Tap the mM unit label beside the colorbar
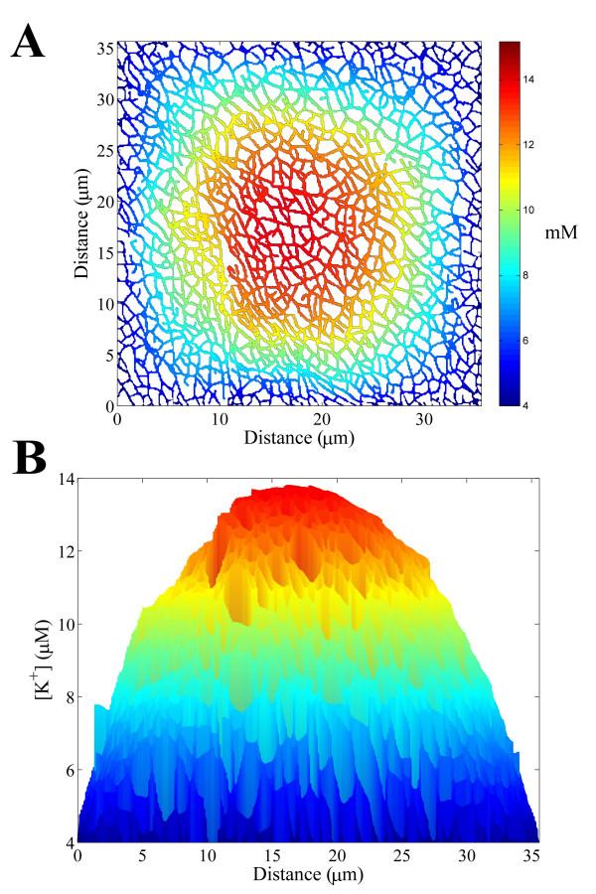[x=560, y=230]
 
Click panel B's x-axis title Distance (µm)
[x=308, y=874]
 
